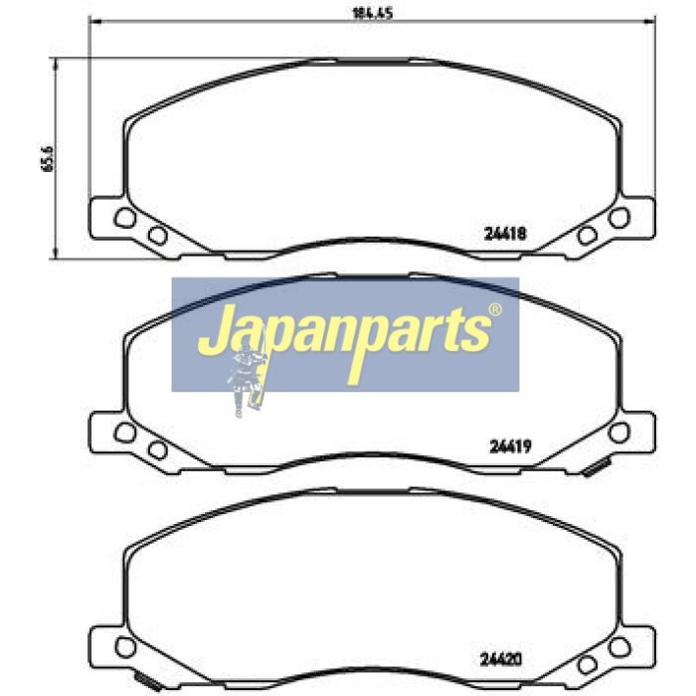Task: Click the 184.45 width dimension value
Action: tap(373, 13)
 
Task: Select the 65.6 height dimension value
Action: tap(48, 158)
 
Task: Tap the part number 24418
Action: tap(505, 233)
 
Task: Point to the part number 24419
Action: tap(510, 446)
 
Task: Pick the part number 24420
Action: tap(501, 659)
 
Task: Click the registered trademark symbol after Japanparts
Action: tap(495, 309)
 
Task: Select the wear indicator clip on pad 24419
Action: tap(597, 468)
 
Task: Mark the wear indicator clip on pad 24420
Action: tap(148, 682)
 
